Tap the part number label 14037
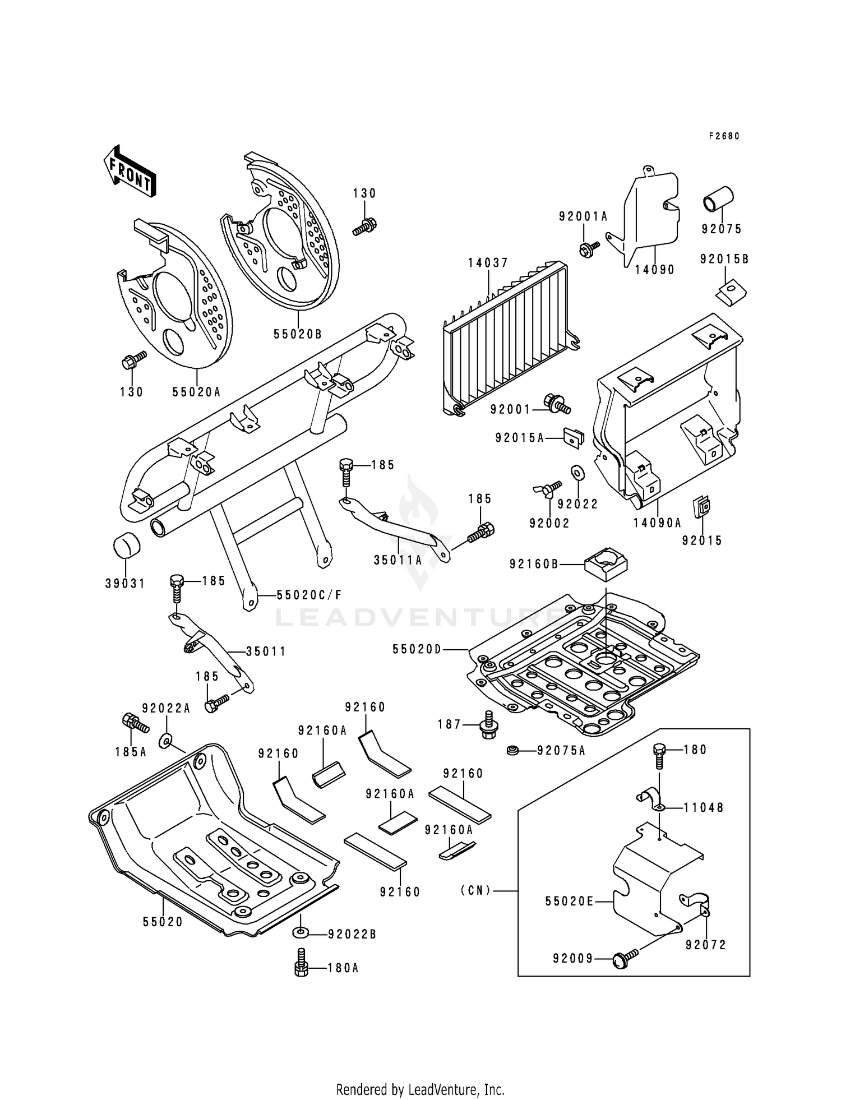point(488,263)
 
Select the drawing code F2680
point(724,136)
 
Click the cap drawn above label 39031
point(126,545)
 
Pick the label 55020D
point(417,649)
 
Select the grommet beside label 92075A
point(512,750)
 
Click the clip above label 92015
point(701,507)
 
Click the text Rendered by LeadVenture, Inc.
point(420,1089)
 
